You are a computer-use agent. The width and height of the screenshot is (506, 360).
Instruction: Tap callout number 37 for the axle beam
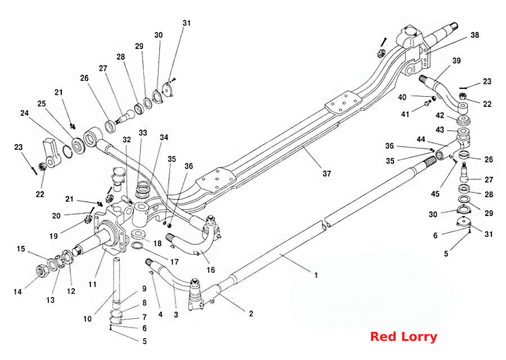(x=327, y=174)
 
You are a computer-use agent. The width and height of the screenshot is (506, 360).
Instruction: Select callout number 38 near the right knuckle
(x=475, y=35)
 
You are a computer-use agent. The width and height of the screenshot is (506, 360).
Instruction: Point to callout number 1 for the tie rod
(x=316, y=275)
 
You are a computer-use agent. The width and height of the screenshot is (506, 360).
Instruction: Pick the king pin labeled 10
(x=117, y=283)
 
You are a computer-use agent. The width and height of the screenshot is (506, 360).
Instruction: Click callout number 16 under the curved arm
(x=211, y=269)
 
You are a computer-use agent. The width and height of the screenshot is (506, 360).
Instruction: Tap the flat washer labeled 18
(x=138, y=234)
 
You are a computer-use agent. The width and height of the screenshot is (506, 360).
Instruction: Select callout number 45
(x=435, y=193)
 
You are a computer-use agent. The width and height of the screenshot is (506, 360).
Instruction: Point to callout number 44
(x=421, y=139)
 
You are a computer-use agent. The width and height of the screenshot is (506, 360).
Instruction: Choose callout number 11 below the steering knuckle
(x=93, y=285)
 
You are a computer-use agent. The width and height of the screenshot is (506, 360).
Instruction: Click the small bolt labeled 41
(x=428, y=103)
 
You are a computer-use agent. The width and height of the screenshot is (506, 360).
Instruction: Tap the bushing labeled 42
(x=463, y=120)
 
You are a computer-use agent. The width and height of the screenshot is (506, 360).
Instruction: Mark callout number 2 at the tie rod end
(x=251, y=313)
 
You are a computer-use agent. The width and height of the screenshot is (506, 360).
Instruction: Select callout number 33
(x=143, y=133)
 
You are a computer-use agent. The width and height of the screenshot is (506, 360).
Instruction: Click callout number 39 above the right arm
(x=457, y=60)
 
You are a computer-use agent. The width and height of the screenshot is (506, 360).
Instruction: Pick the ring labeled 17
(x=138, y=246)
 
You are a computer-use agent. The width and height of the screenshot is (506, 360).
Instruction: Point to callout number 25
(x=41, y=103)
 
